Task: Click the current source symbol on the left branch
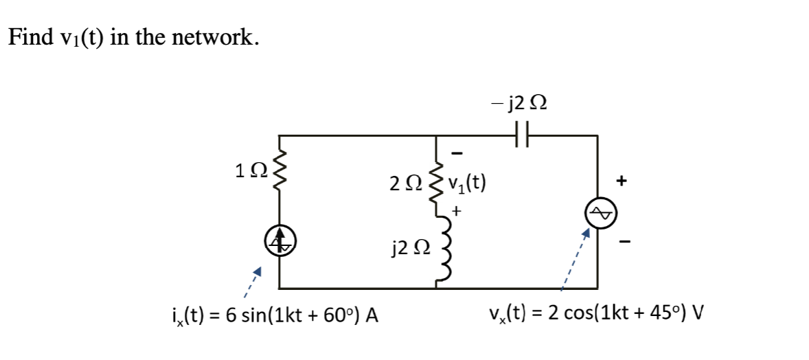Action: pyautogui.click(x=279, y=243)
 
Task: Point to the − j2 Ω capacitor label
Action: pyautogui.click(x=520, y=104)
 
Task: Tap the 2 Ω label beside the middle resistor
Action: pyautogui.click(x=406, y=184)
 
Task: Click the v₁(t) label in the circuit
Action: pyautogui.click(x=467, y=183)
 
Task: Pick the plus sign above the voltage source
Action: pyautogui.click(x=621, y=181)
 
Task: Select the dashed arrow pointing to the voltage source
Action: pyautogui.click(x=574, y=260)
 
